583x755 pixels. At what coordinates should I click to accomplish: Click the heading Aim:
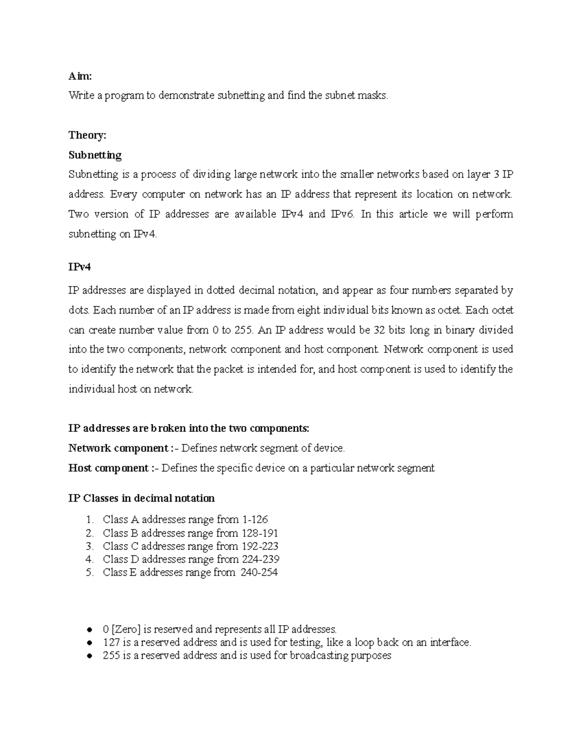point(80,76)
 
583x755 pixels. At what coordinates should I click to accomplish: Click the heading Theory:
point(87,135)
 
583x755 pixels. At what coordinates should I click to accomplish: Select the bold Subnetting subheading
point(95,155)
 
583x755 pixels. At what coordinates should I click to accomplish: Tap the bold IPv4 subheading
point(80,267)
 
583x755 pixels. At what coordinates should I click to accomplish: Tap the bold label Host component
point(108,468)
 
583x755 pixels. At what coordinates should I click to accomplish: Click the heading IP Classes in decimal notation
point(141,498)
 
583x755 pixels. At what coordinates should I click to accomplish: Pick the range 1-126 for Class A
point(255,520)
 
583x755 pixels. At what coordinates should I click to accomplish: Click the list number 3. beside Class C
point(89,546)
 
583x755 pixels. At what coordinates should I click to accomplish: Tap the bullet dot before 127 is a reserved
point(89,643)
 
